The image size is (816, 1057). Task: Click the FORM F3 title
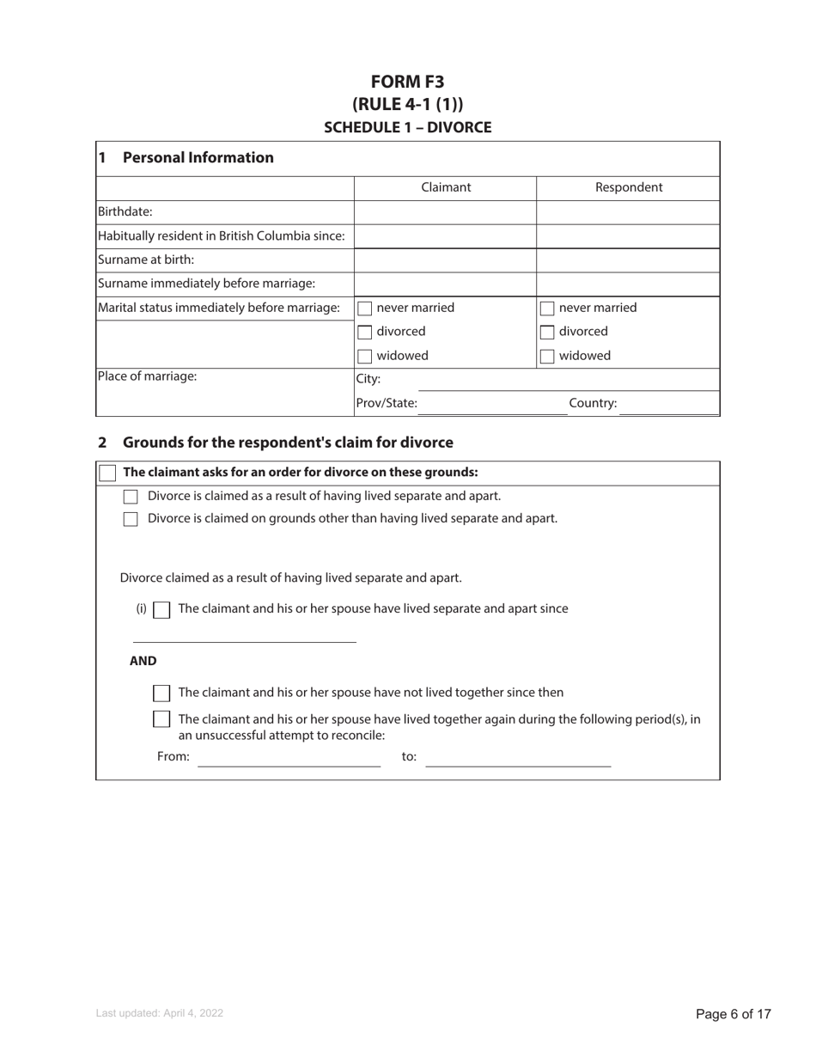click(x=407, y=82)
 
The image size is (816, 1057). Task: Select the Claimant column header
click(x=445, y=187)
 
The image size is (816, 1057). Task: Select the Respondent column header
click(x=628, y=187)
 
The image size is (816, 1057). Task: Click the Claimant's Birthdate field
click(x=445, y=212)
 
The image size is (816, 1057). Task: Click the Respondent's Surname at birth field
click(x=628, y=260)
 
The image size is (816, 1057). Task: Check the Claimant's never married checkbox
click(x=365, y=309)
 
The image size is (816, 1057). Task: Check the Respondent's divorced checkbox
click(x=547, y=333)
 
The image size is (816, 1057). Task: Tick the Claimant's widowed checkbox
click(x=365, y=357)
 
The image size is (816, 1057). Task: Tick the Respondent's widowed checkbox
click(x=547, y=357)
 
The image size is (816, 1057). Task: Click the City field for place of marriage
click(x=550, y=379)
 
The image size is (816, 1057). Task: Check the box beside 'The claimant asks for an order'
click(x=107, y=473)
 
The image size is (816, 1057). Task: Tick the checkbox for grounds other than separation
click(x=131, y=519)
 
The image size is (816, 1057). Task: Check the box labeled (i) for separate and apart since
click(x=161, y=610)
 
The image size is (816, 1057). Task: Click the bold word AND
click(x=143, y=661)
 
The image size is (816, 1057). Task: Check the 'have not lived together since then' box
click(x=161, y=693)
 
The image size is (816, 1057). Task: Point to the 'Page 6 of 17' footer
click(x=733, y=1014)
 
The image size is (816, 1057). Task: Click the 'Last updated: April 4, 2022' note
click(x=160, y=1013)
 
